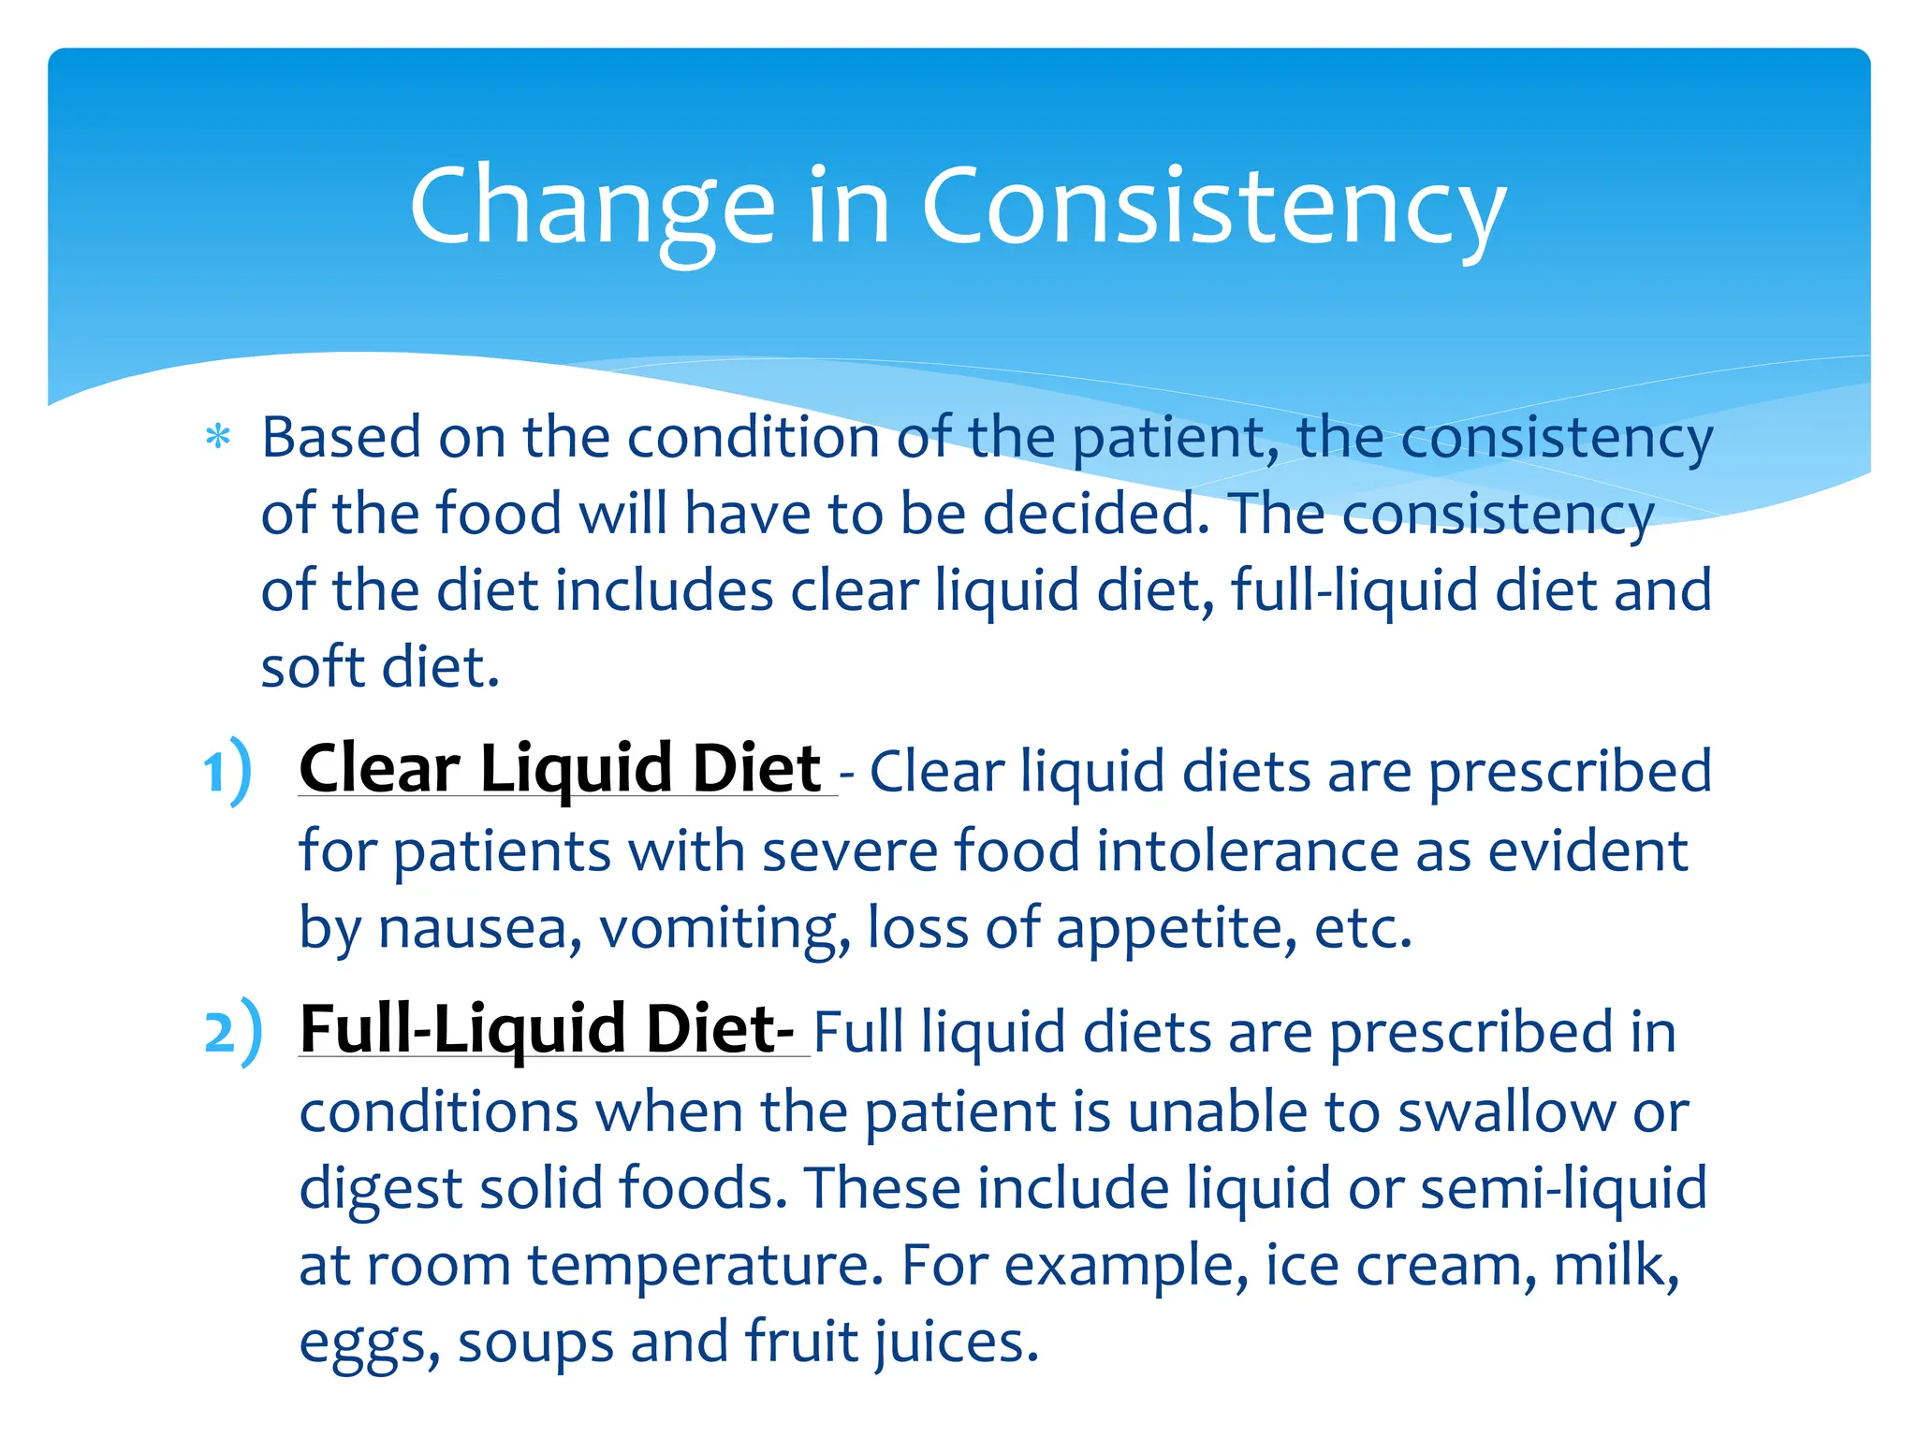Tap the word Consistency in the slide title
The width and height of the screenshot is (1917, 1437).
pyautogui.click(x=1213, y=208)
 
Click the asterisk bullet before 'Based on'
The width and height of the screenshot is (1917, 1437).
pyautogui.click(x=218, y=438)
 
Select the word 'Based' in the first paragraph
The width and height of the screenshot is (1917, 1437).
pyautogui.click(x=341, y=438)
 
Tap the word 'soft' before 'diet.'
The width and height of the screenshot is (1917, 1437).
pyautogui.click(x=313, y=668)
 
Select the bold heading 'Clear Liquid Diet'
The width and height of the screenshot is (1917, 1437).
pyautogui.click(x=560, y=769)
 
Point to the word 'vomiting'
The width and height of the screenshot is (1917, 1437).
pyautogui.click(x=724, y=930)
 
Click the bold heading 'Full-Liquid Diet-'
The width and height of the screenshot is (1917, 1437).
pyautogui.click(x=547, y=1029)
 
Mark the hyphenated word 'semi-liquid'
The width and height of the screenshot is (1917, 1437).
pyautogui.click(x=1563, y=1188)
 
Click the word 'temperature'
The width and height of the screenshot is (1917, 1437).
pyautogui.click(x=706, y=1267)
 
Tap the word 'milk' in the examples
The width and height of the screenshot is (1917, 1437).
pyautogui.click(x=1614, y=1265)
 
